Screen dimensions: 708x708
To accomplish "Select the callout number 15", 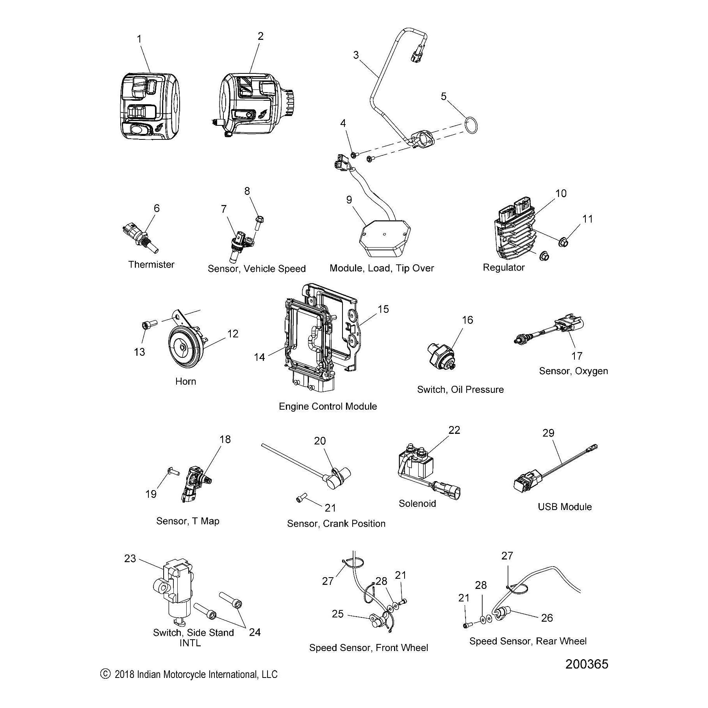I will click(x=383, y=309).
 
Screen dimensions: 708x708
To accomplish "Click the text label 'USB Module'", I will click(x=565, y=506).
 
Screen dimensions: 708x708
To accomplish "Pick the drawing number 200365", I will click(x=587, y=664).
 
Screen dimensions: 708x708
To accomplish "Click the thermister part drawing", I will click(x=141, y=239).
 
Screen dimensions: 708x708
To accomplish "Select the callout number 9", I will click(x=349, y=200).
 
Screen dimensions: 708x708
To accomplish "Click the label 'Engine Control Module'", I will click(x=328, y=406).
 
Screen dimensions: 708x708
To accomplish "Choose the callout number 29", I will click(x=548, y=433).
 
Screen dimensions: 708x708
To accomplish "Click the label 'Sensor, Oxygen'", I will click(x=573, y=371).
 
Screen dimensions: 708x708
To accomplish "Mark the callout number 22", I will click(x=454, y=430).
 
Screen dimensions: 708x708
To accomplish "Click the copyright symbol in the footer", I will click(x=104, y=674).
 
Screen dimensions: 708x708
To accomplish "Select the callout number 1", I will click(x=139, y=39).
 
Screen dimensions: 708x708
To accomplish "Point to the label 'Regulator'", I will click(x=503, y=268).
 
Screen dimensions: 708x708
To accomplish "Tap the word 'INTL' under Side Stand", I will click(x=190, y=643).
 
